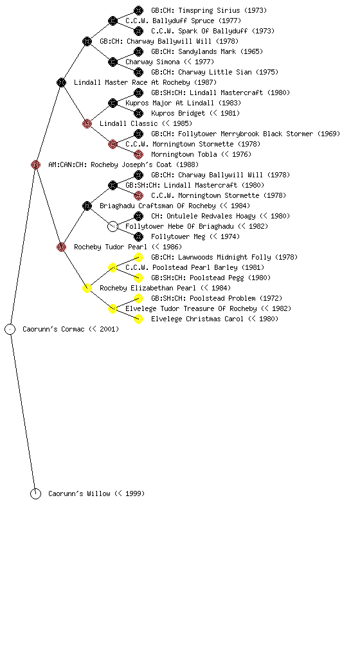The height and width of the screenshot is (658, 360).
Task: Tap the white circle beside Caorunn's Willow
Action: (35, 493)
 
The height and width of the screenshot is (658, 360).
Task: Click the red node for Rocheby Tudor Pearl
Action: (61, 247)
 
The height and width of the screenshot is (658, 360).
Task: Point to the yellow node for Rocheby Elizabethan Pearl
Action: (87, 288)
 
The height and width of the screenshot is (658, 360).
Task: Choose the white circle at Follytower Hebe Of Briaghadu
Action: (113, 226)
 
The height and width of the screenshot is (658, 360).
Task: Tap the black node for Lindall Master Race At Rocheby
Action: (61, 82)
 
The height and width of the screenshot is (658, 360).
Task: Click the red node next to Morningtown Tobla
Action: (138, 154)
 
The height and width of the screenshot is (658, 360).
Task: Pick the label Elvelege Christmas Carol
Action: (197, 319)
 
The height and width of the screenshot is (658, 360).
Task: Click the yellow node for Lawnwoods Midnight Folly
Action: (138, 257)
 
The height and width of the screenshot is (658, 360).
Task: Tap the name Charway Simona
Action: (152, 62)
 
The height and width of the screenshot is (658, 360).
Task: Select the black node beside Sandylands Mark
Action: (138, 51)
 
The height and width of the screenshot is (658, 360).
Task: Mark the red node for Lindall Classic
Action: (87, 123)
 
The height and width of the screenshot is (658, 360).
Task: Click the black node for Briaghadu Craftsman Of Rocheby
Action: (87, 206)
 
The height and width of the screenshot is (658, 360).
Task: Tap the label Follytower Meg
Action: (178, 236)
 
